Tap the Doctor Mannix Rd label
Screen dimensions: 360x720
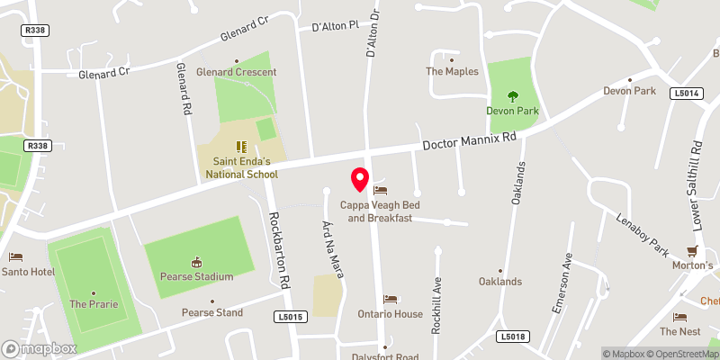click(470, 142)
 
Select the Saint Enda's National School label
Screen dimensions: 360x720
click(238, 167)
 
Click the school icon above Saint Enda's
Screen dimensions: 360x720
click(239, 146)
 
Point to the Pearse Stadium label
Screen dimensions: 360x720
click(195, 276)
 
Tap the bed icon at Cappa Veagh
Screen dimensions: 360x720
click(380, 191)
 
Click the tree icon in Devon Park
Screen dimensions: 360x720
click(513, 95)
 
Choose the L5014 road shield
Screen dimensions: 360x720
click(685, 92)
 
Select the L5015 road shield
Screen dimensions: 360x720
click(292, 317)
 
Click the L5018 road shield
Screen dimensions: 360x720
click(510, 337)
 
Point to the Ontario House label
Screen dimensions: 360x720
click(390, 313)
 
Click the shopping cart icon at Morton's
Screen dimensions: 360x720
click(692, 251)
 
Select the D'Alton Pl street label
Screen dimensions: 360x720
click(335, 27)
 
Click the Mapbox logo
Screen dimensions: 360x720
click(39, 347)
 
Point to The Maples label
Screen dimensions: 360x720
click(452, 71)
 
